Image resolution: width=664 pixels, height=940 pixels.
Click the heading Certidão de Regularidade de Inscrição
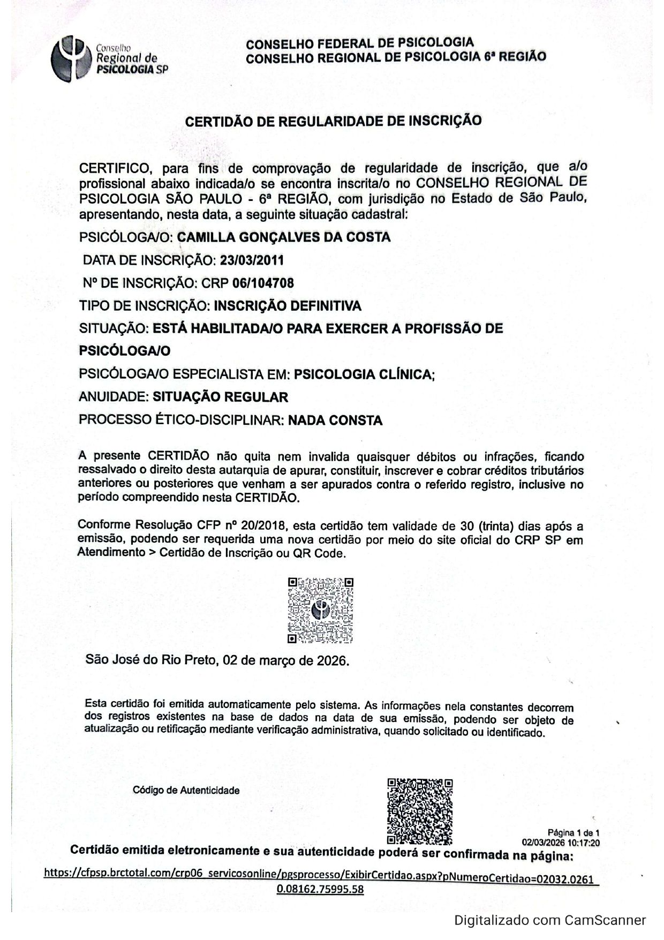(333, 121)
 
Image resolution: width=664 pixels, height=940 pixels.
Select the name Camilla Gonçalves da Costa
(283, 237)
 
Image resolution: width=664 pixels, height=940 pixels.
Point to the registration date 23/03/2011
(252, 260)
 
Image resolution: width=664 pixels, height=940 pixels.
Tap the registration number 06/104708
(263, 283)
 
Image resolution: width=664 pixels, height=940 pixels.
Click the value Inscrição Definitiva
(288, 306)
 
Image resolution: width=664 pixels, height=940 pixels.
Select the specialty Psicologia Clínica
(364, 374)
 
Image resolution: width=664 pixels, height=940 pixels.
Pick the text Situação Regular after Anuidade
(220, 397)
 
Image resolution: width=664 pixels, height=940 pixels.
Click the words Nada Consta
(335, 420)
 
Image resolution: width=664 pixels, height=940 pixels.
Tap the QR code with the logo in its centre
(320, 610)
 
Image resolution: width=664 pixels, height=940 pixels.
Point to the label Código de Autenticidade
(186, 790)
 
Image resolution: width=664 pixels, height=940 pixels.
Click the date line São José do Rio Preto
(217, 660)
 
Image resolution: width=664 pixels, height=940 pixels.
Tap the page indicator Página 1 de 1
(573, 833)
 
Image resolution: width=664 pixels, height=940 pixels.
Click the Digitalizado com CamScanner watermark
(550, 920)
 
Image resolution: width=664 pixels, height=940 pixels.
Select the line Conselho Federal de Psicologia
(360, 43)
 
